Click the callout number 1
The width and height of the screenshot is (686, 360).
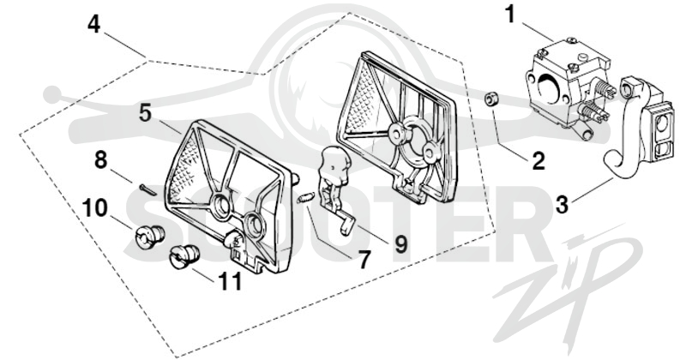[511, 15]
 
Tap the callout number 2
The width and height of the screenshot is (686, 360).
[538, 161]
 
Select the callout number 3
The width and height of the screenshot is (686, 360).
[563, 205]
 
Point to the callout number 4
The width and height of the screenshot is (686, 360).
[93, 24]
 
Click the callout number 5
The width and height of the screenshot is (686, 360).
[146, 113]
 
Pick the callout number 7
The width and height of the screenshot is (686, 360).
[363, 260]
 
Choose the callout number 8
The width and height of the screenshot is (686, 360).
[100, 159]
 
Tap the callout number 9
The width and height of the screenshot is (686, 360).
[400, 243]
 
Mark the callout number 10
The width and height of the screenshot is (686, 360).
[94, 208]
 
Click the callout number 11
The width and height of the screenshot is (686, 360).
[230, 281]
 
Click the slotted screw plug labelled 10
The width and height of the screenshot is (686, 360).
[148, 237]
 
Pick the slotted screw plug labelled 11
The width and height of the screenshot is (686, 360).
[184, 256]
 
